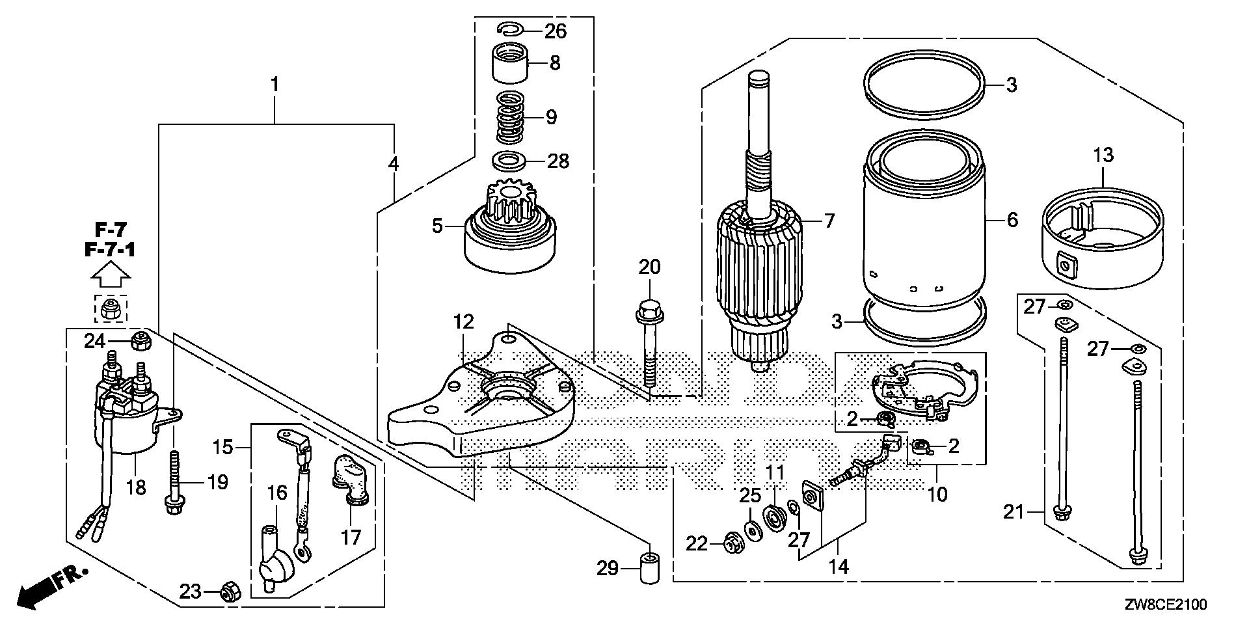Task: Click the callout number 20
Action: coord(649,267)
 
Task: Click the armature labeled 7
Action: coord(760,273)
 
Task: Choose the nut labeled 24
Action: coord(141,340)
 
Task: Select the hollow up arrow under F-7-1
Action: coord(110,276)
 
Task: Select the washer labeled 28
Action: coord(511,160)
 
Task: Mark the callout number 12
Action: coord(464,321)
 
